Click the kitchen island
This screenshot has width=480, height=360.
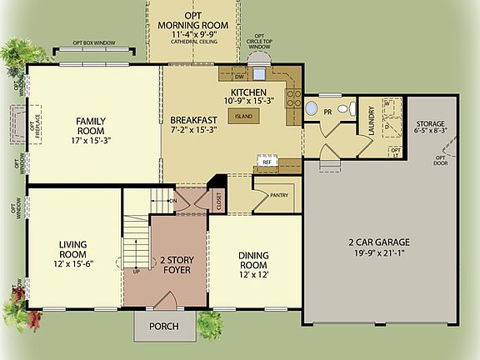[243, 117]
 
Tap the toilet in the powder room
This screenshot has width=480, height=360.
[352, 110]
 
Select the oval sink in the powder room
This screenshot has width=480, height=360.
[311, 108]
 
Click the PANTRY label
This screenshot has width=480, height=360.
[278, 196]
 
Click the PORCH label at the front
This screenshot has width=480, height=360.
[163, 326]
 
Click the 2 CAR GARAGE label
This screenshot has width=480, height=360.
[379, 247]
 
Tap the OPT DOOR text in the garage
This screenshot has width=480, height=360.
[439, 161]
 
